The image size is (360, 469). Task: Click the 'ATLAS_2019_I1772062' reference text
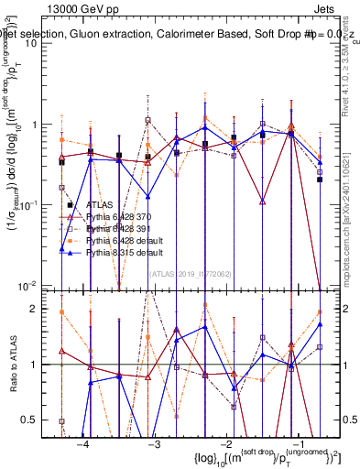tap(191, 272)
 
